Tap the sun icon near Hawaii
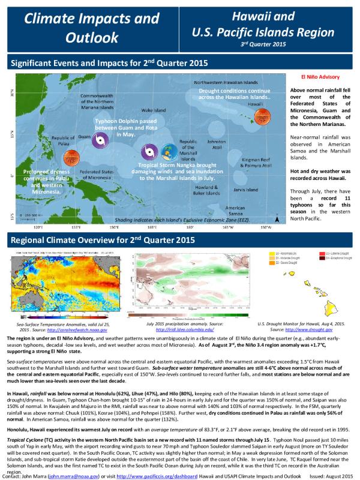tap(262, 116)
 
